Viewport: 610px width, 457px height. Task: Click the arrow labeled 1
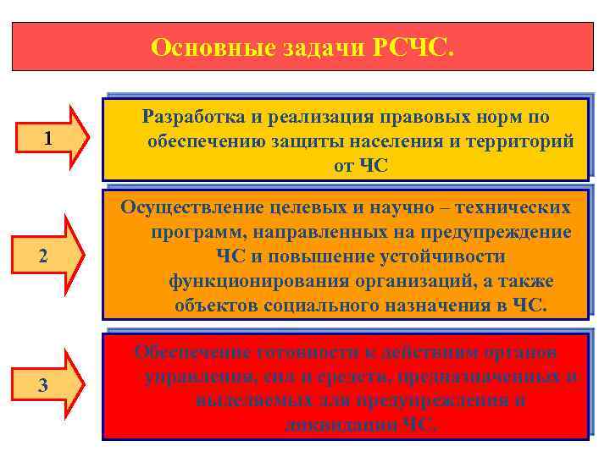point(52,138)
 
